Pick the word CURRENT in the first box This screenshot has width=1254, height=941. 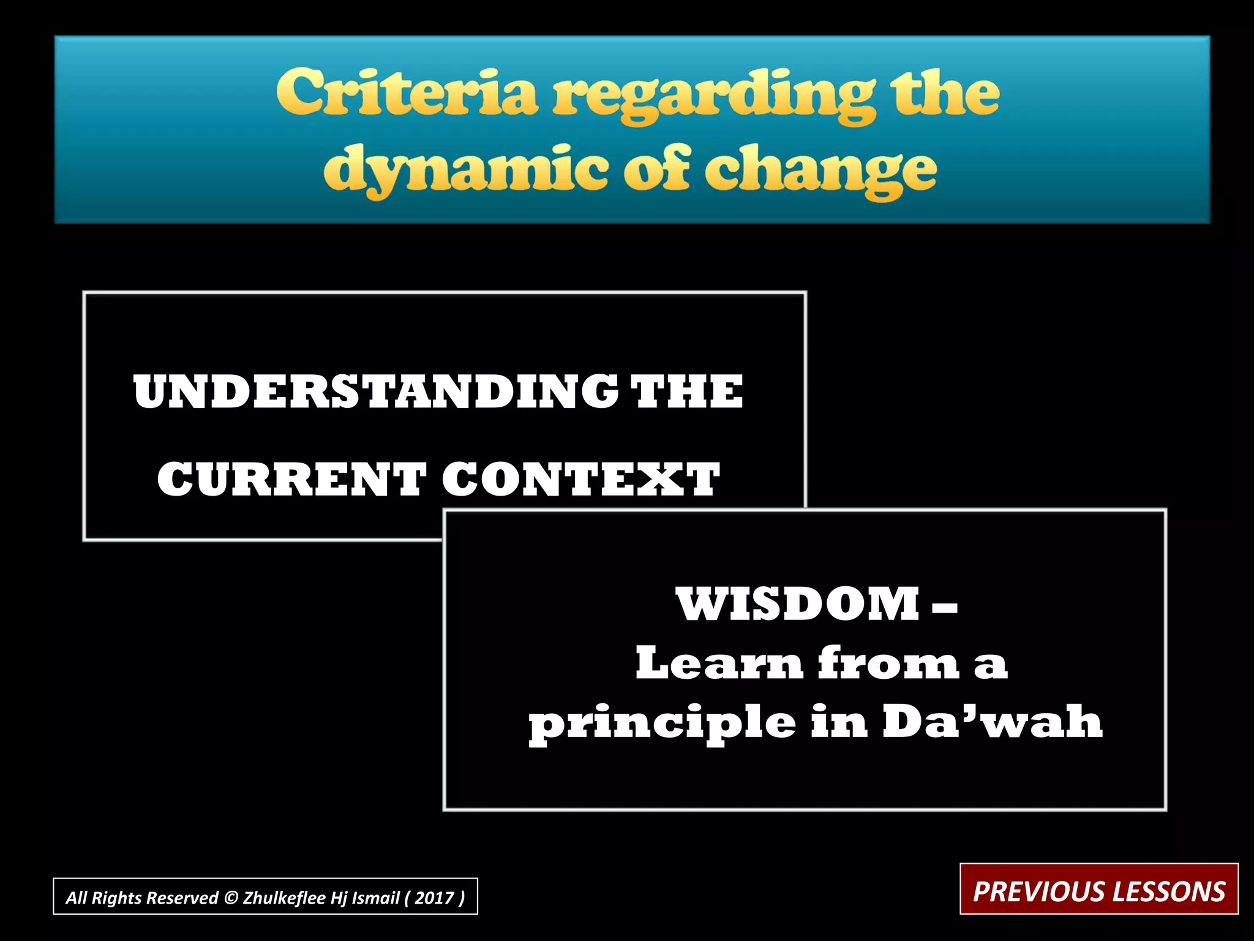[292, 479]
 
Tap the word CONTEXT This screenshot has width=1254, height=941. [581, 479]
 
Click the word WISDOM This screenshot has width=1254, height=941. [798, 604]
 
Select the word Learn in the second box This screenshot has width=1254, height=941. [719, 663]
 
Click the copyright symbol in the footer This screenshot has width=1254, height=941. [231, 898]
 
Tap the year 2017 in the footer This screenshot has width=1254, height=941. [434, 898]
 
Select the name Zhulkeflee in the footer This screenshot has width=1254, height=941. [284, 898]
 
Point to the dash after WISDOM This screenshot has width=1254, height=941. [945, 608]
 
